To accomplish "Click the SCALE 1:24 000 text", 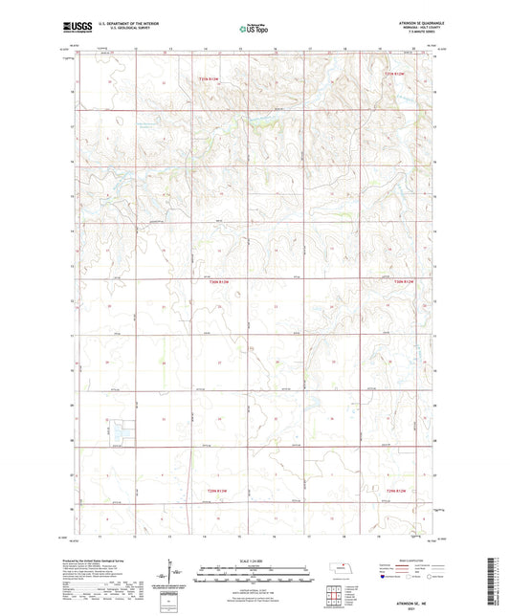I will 254,560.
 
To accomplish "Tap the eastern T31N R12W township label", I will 395,74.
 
